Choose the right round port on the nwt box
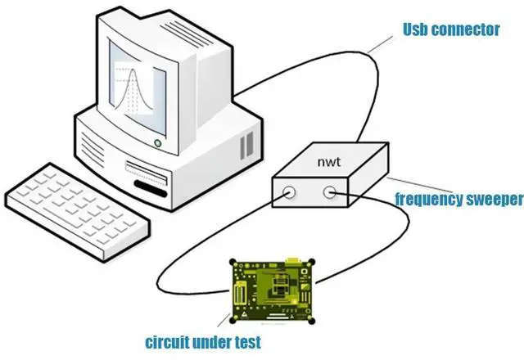click(x=330, y=193)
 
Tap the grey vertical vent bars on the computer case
click(x=246, y=147)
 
